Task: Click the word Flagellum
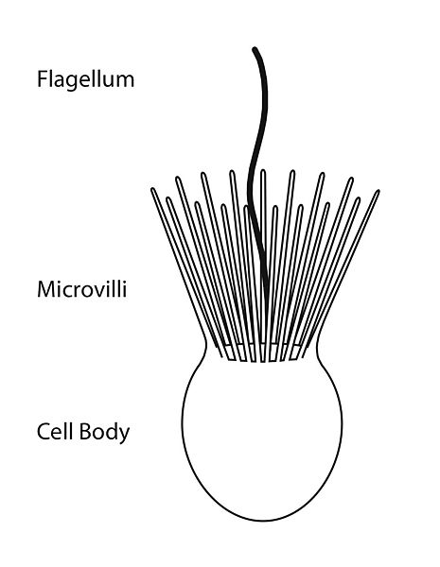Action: point(85,78)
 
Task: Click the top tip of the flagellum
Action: point(254,48)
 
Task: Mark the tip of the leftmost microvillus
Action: point(154,191)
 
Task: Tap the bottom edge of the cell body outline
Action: point(260,521)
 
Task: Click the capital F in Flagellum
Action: point(42,78)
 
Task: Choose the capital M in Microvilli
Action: point(44,287)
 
